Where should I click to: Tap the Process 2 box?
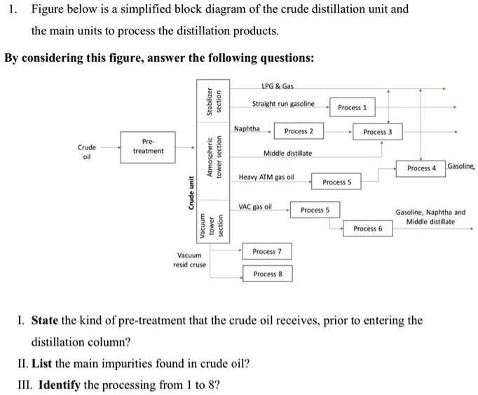[299, 131]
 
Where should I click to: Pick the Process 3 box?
[378, 132]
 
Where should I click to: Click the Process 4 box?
[421, 168]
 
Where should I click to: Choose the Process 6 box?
[367, 229]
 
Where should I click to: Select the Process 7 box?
[267, 251]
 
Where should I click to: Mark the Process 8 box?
[267, 274]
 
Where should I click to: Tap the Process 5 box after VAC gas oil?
[315, 210]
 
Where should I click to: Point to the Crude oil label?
[87, 152]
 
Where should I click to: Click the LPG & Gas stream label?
[277, 86]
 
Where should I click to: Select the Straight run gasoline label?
[283, 104]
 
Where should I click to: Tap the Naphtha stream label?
[247, 128]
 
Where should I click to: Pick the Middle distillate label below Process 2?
[287, 153]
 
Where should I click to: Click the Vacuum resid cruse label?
[189, 260]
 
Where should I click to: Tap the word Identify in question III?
[60, 385]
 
